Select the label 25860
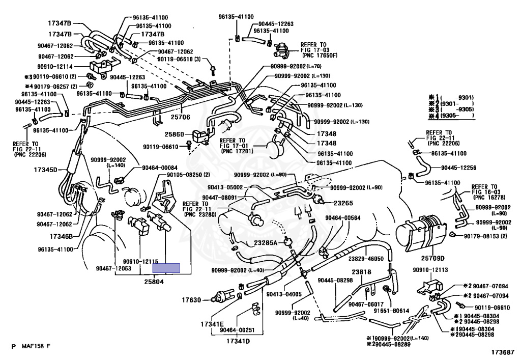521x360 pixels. [175, 135]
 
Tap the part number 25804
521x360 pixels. [155, 282]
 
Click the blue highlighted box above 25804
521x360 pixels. [167, 268]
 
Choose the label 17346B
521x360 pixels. [62, 236]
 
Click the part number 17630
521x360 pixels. [192, 300]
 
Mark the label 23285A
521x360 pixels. [263, 243]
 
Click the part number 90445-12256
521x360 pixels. [458, 168]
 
